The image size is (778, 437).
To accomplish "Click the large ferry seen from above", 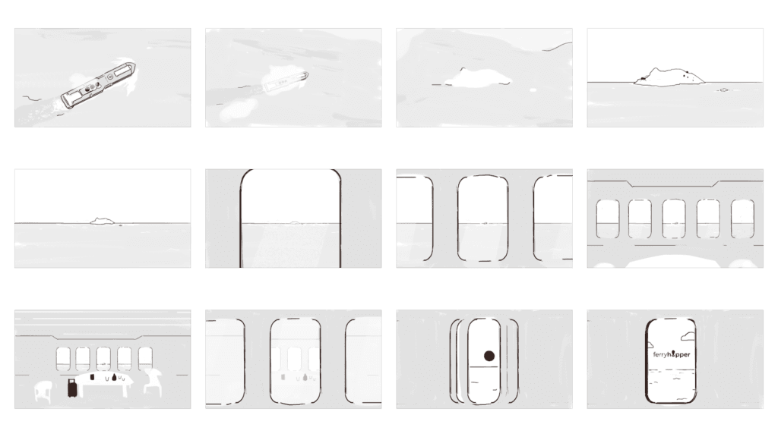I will [98, 86].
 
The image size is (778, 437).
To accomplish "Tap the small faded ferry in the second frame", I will [285, 81].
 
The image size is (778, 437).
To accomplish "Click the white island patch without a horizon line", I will [476, 77].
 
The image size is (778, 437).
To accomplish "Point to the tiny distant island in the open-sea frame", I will [101, 221].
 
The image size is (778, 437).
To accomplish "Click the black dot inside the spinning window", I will [489, 355].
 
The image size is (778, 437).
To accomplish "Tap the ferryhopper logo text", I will [672, 354].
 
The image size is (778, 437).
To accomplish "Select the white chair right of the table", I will [154, 381].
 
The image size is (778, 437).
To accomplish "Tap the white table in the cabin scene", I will [106, 382].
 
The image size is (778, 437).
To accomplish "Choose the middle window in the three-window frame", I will [482, 218].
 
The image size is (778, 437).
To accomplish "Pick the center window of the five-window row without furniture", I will [674, 218].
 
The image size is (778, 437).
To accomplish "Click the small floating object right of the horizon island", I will [723, 90].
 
